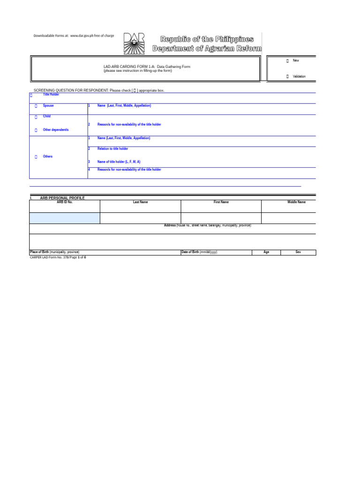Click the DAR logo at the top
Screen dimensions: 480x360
[134, 43]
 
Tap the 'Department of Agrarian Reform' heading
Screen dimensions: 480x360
[207, 49]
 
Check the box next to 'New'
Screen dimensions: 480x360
[287, 61]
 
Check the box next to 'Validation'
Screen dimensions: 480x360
[287, 76]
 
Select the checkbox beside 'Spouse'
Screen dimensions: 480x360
[36, 106]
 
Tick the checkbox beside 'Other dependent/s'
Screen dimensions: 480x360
[36, 130]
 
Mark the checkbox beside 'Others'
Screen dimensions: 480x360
[36, 157]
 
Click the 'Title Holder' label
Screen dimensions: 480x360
[51, 94]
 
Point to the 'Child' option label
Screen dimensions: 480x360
[47, 116]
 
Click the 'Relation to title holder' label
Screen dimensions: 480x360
[112, 149]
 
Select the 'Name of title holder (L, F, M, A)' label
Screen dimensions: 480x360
[119, 162]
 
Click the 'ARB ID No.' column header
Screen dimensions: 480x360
[65, 202]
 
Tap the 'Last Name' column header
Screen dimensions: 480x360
[140, 202]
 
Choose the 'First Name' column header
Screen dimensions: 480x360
[221, 202]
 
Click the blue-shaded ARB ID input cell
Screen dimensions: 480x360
[65, 218]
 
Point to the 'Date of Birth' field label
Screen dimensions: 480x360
[199, 252]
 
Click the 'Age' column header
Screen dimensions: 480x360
[266, 252]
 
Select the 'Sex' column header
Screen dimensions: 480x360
[298, 252]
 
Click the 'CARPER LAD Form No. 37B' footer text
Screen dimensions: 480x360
[49, 257]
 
